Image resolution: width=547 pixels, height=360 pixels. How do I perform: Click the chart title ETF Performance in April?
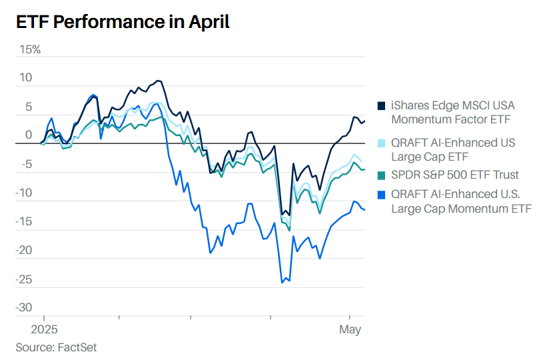123,22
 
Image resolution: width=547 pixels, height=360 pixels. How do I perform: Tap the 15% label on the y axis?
29,49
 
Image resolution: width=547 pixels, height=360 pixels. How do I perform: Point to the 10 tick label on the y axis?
25,77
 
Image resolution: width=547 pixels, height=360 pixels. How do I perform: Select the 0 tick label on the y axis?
29,135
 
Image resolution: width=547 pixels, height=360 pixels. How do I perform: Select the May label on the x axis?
350,329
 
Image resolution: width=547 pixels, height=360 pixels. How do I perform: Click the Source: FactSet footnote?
56,347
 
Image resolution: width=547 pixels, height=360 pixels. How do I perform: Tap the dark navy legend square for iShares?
382,105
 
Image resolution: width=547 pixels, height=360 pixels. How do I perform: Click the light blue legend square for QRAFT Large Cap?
382,143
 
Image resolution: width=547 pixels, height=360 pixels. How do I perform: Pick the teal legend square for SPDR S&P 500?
382,175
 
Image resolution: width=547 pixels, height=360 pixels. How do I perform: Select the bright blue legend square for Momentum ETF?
382,195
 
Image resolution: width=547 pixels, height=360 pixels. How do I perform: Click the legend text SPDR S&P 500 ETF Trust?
455,175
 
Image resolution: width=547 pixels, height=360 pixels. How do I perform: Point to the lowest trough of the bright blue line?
282,283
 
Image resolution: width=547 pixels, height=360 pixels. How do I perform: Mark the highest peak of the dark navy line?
159,81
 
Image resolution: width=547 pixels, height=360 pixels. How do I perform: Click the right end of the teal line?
364,169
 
